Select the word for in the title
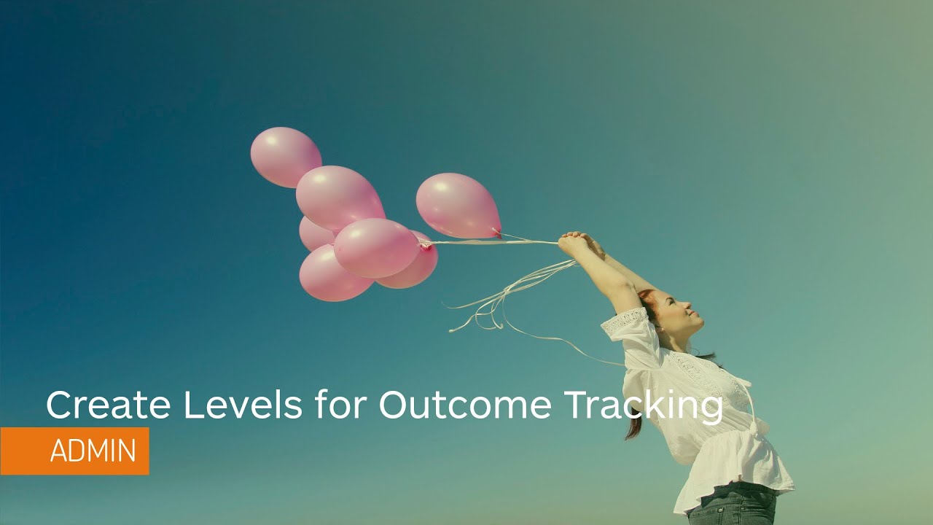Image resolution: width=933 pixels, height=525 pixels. click(339, 405)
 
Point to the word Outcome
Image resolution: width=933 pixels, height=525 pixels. click(464, 405)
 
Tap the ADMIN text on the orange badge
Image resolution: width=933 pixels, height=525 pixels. click(93, 451)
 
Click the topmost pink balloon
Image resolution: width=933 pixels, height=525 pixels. click(285, 156)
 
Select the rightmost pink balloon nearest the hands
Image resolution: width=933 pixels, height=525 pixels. click(457, 205)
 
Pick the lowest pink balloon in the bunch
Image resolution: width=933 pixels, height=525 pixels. click(334, 276)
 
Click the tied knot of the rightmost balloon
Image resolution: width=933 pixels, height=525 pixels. click(496, 233)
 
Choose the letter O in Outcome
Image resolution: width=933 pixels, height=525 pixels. click(394, 405)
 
